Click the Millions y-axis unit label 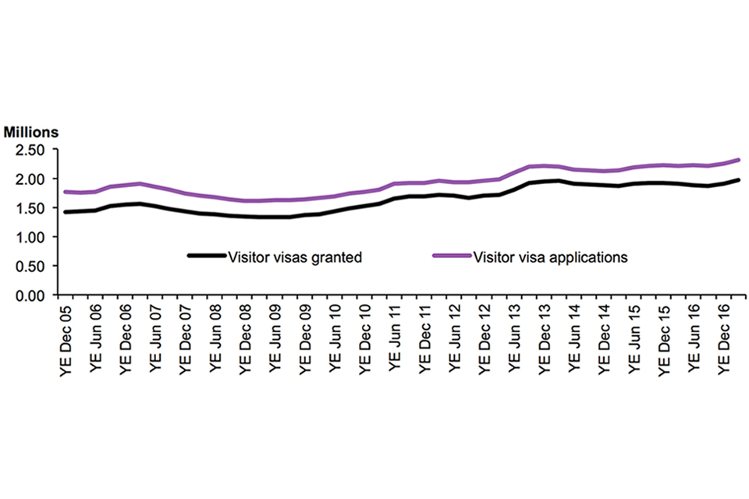(33, 133)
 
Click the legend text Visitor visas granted (294, 257)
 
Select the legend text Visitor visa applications (550, 257)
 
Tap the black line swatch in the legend (205, 256)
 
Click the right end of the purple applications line (737, 160)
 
